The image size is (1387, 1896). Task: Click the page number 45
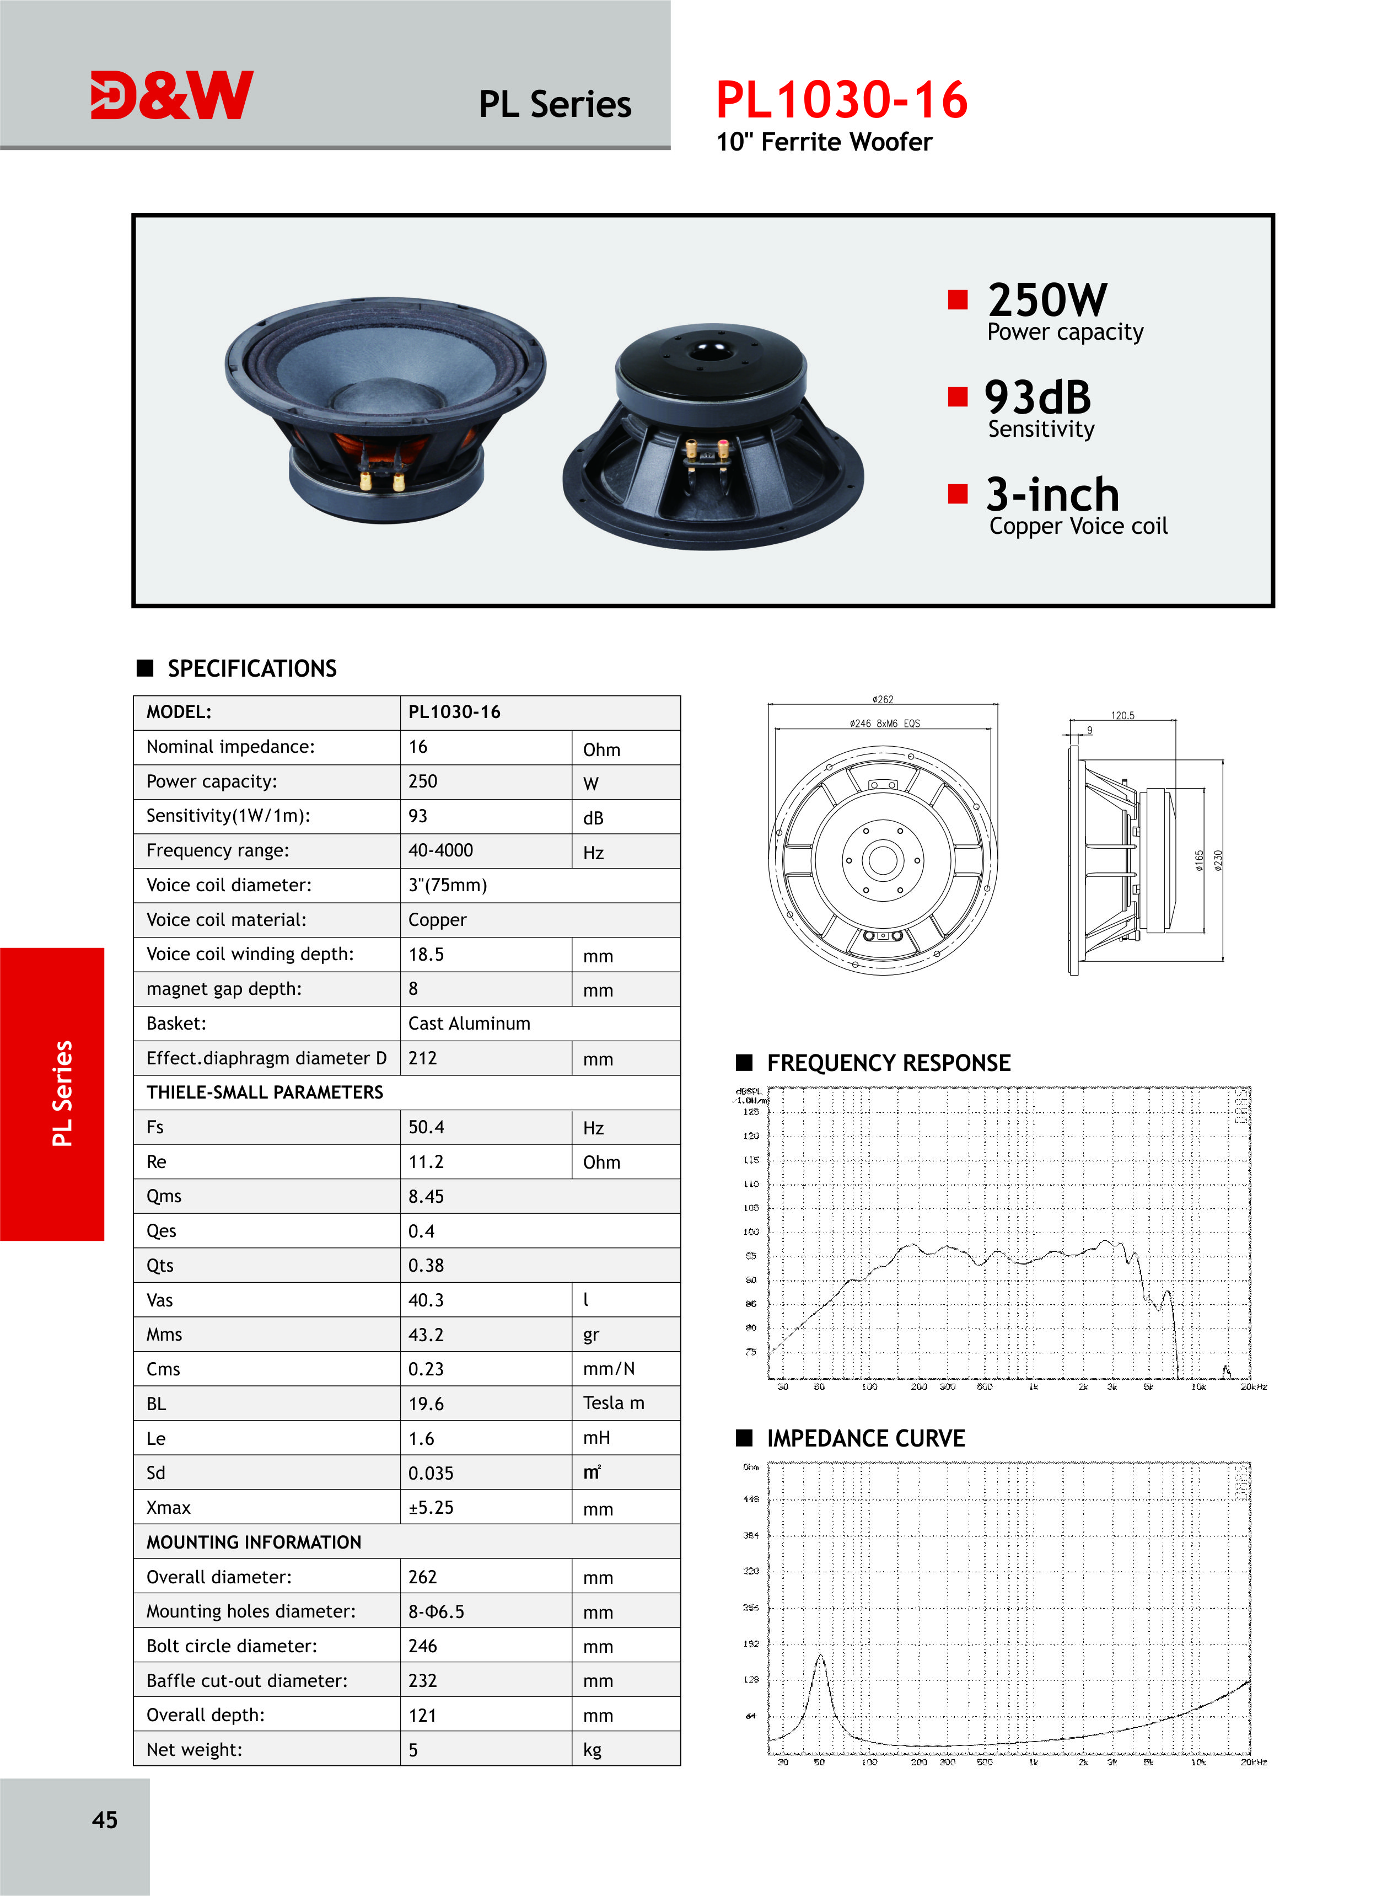(x=105, y=1819)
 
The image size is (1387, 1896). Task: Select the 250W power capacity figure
(x=1047, y=300)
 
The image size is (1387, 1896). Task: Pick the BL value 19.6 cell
(x=427, y=1403)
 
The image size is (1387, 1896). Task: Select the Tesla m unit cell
(x=614, y=1402)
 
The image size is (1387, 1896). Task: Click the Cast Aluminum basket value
(x=469, y=1023)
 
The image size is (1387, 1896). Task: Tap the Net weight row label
(x=194, y=1749)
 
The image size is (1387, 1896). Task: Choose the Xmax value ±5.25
(x=431, y=1507)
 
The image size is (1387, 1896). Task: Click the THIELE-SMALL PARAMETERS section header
(x=265, y=1091)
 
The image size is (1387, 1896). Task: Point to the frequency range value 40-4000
(x=441, y=850)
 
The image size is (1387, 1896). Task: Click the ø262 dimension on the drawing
(x=883, y=699)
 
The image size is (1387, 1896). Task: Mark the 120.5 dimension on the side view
(x=1122, y=715)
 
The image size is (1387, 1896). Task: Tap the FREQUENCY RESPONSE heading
(x=888, y=1063)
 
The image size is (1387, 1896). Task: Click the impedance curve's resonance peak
(x=820, y=1657)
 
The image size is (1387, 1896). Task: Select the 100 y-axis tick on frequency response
(x=751, y=1232)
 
